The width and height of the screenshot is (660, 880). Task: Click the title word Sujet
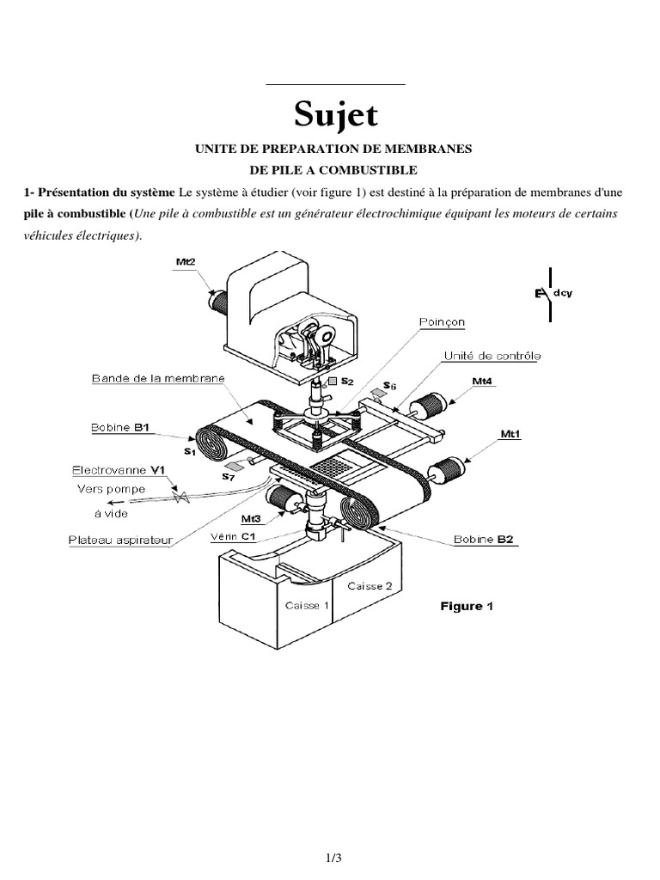335,114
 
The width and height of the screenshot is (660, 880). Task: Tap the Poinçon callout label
442,322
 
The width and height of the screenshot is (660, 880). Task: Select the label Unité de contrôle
492,355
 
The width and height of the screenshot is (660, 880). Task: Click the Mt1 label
510,435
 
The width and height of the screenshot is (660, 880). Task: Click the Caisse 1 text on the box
307,605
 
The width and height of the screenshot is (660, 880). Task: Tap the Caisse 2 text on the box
370,585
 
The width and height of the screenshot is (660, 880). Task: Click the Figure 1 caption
467,606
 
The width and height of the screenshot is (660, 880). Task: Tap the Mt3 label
251,518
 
